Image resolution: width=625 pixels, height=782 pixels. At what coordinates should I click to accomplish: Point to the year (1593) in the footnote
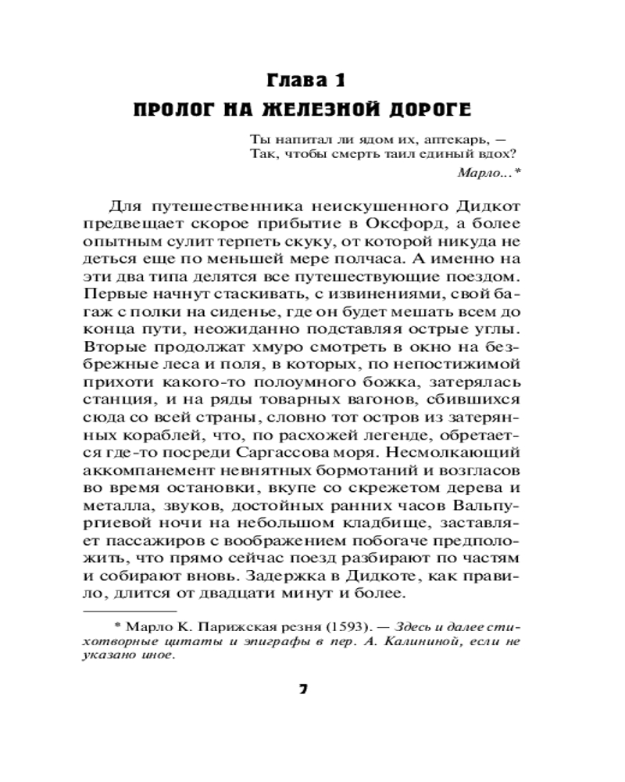point(324,628)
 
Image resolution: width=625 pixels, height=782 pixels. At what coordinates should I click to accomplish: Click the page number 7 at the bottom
point(304,691)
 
